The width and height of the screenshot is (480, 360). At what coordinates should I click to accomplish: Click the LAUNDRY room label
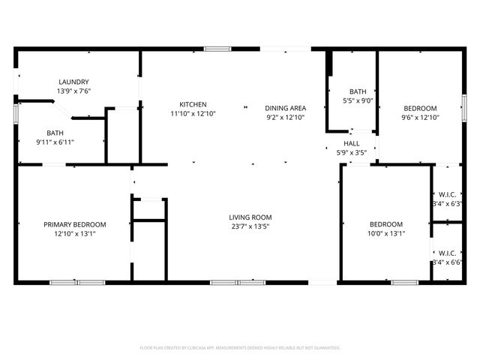click(74, 82)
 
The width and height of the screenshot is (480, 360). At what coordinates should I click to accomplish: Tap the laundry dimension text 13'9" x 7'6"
click(74, 91)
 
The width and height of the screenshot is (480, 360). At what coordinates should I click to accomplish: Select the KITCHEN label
click(193, 104)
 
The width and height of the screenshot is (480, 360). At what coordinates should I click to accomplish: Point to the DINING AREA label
click(286, 108)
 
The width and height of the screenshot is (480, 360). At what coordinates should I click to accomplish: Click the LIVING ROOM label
click(250, 217)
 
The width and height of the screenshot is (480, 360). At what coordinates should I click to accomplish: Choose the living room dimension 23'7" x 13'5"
click(250, 226)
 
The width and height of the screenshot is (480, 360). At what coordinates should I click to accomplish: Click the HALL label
click(352, 143)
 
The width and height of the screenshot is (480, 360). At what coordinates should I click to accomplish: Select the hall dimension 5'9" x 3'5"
click(352, 152)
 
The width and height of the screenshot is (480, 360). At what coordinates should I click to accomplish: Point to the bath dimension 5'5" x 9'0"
click(358, 100)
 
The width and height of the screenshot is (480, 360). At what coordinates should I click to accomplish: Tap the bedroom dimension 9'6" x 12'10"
click(419, 117)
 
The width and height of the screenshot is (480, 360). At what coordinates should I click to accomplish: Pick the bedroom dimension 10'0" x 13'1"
click(386, 233)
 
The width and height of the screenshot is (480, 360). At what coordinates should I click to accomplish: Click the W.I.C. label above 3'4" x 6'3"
click(447, 194)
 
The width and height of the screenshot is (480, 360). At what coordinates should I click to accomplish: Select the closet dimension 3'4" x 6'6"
click(447, 262)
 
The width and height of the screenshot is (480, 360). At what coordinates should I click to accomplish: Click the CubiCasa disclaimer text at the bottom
click(240, 348)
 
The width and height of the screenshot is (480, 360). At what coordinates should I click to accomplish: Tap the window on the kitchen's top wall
click(217, 49)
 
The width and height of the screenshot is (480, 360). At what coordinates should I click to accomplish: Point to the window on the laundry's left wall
click(16, 112)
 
